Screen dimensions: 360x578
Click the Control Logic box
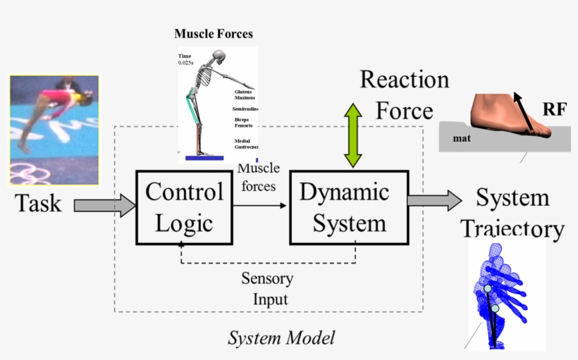pos(184,207)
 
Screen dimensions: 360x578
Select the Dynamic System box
pos(349,207)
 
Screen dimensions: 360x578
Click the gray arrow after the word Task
pos(104,206)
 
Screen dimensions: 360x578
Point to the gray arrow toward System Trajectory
pos(434,200)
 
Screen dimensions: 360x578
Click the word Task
pos(38,204)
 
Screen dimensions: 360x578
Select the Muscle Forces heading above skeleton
pos(213,34)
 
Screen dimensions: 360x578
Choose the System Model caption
pos(281,338)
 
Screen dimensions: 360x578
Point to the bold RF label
pos(554,109)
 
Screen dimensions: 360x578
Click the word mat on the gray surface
pos(462,139)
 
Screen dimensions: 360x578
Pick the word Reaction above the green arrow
pos(404,79)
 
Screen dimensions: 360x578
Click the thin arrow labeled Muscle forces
pos(260,206)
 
